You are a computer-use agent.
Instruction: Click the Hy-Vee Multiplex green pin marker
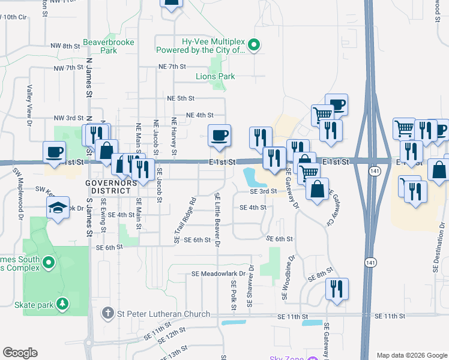click(x=253, y=44)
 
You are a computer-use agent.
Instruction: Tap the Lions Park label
click(x=215, y=76)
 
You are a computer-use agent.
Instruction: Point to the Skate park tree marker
click(x=62, y=304)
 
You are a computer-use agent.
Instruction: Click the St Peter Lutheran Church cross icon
click(x=107, y=313)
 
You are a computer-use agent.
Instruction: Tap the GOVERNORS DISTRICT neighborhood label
click(x=108, y=186)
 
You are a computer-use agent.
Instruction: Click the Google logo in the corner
click(x=20, y=353)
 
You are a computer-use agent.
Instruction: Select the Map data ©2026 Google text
click(x=411, y=355)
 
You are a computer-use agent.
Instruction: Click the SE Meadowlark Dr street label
click(x=219, y=274)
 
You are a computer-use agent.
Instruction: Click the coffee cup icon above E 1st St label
click(x=219, y=135)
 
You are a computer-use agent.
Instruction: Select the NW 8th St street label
click(x=65, y=46)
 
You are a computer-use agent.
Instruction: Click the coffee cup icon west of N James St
click(x=55, y=152)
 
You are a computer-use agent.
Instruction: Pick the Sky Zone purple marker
click(x=312, y=358)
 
